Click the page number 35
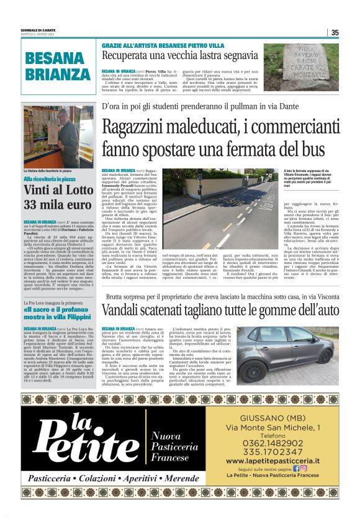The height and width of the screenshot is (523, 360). [335, 33]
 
